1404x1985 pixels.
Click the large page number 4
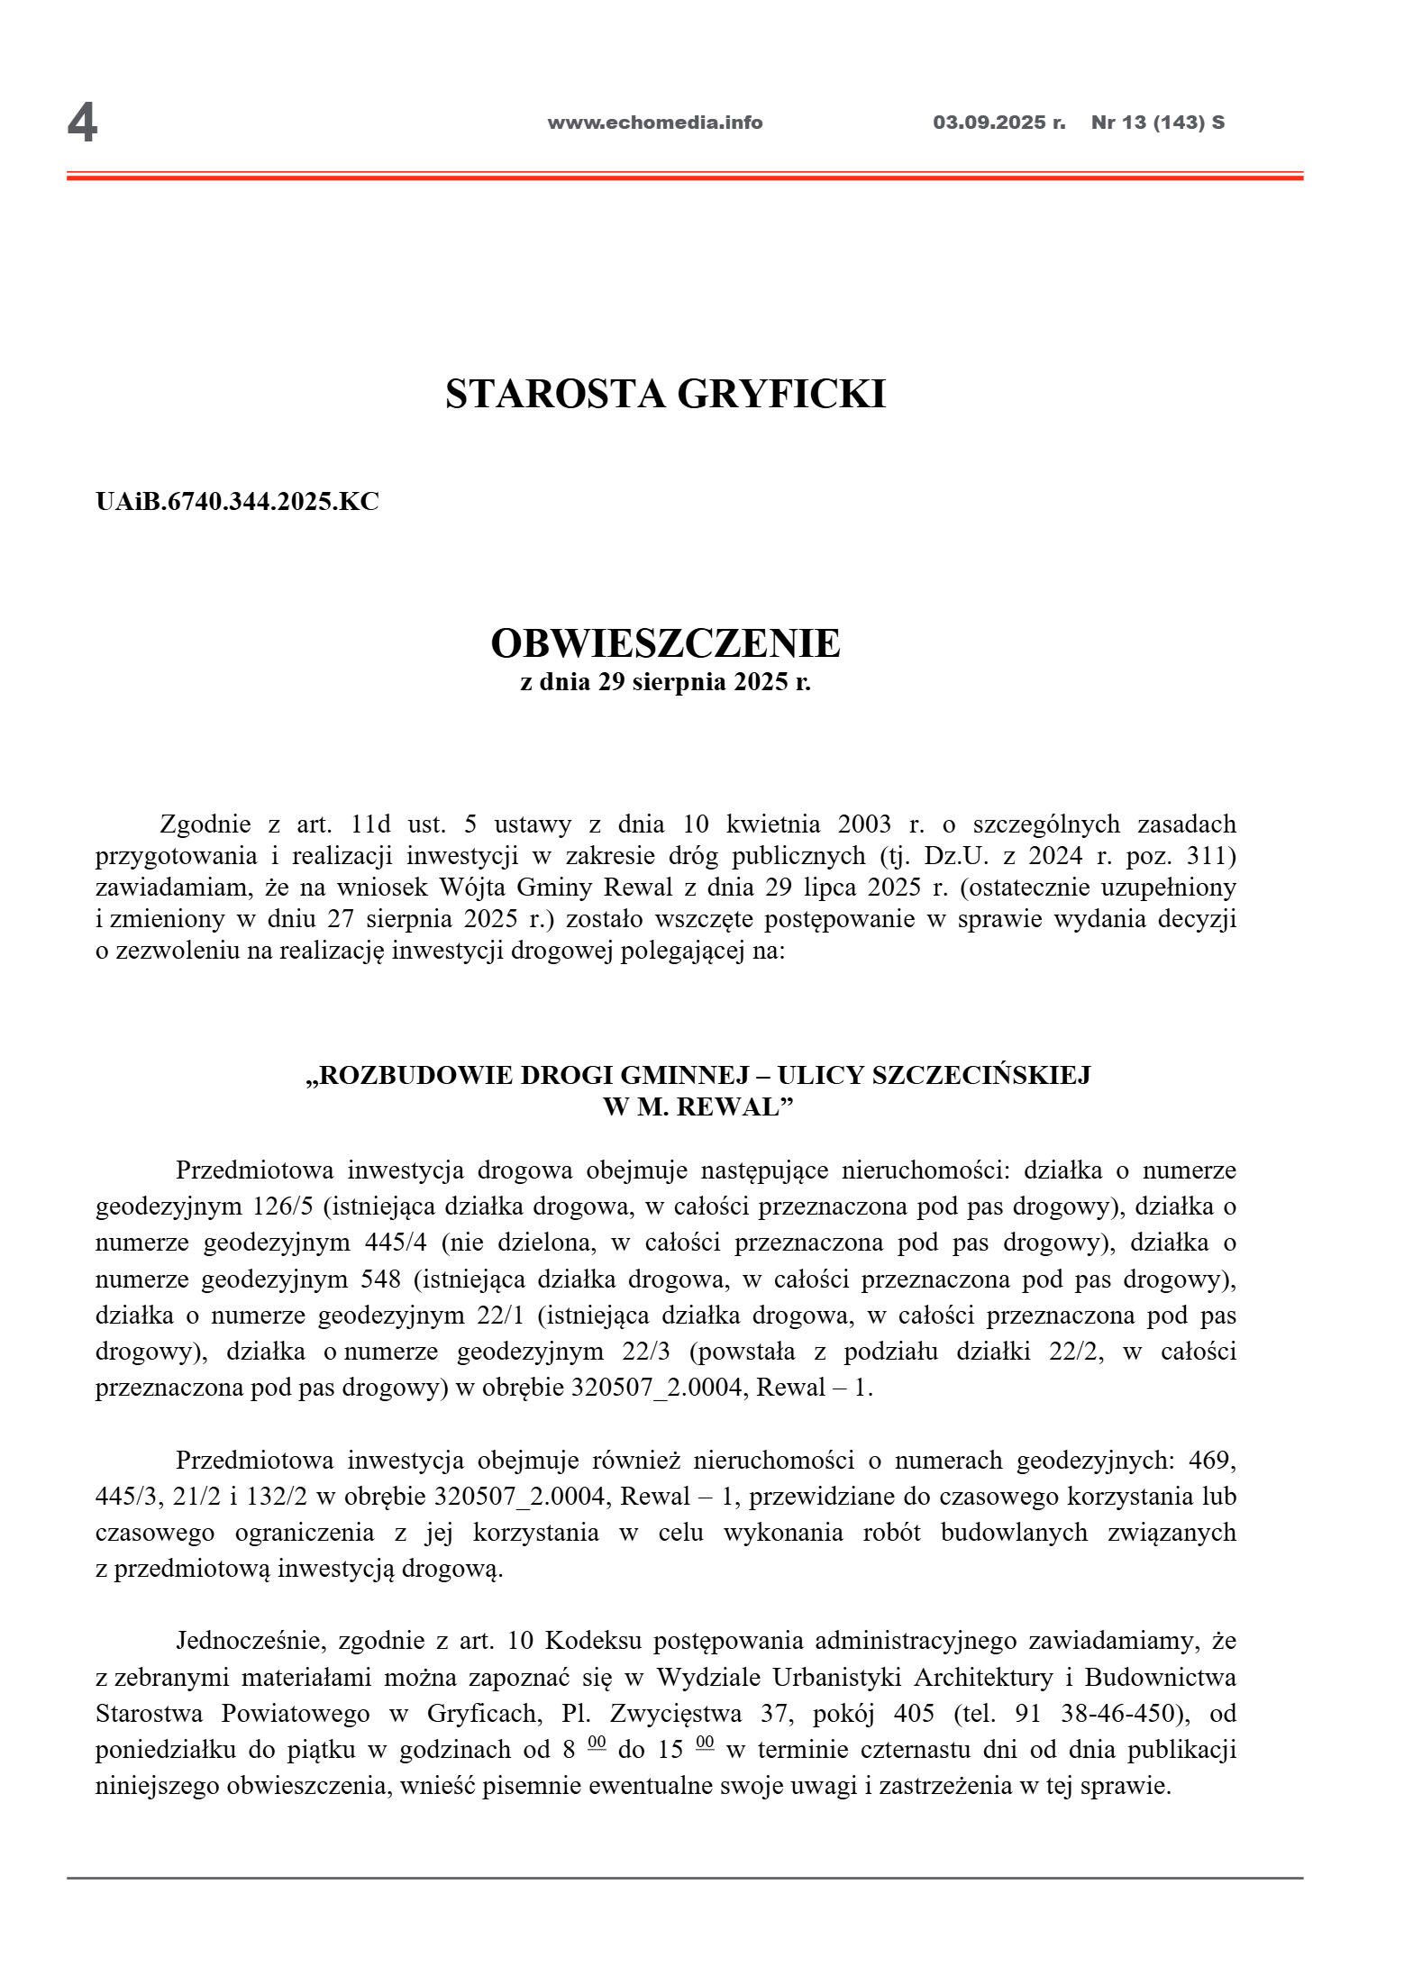click(x=82, y=123)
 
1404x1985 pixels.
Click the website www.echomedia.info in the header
click(x=654, y=123)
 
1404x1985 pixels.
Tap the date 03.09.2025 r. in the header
click(x=998, y=123)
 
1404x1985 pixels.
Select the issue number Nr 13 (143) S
click(x=1157, y=123)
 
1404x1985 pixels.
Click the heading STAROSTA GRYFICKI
click(x=665, y=394)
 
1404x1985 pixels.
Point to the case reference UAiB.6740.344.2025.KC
click(x=237, y=502)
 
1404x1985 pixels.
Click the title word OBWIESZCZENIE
click(x=665, y=643)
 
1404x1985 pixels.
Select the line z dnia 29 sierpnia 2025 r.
click(x=665, y=682)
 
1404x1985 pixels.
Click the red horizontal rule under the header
click(x=685, y=177)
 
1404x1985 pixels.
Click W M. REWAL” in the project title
click(x=697, y=1107)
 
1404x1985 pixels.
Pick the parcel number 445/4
click(x=396, y=1243)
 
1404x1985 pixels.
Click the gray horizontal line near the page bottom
click(x=685, y=1879)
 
